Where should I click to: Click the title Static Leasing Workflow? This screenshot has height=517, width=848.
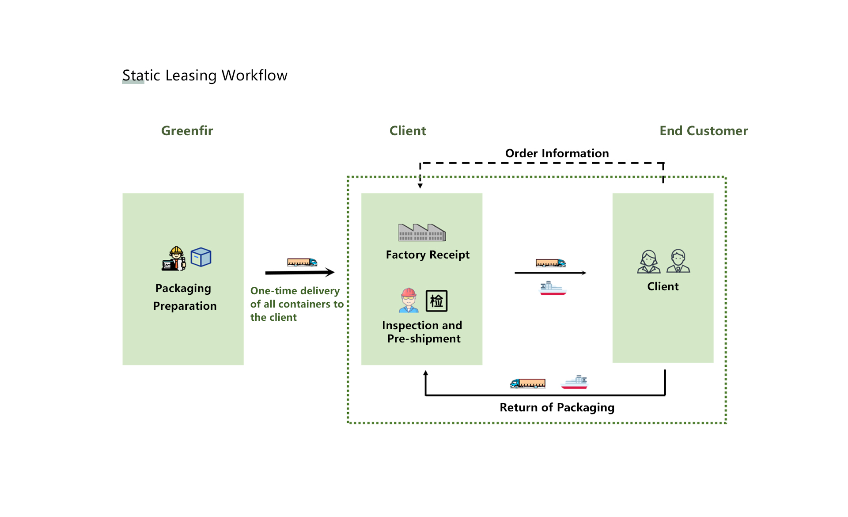coord(204,76)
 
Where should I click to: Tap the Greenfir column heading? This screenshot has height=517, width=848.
coord(187,131)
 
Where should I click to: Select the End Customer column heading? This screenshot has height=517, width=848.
coord(703,131)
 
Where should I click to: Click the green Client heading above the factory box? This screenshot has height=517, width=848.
coord(407,131)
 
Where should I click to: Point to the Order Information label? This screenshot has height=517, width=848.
coord(556,153)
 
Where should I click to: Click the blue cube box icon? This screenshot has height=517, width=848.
coord(201,257)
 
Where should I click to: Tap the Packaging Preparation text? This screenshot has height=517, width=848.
coord(184,297)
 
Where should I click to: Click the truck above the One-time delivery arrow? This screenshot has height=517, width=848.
coord(302,262)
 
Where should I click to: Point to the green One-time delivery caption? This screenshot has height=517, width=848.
coord(296,304)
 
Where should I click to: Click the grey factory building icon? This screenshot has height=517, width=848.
coord(422,232)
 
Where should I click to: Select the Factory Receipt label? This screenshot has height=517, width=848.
coord(427,255)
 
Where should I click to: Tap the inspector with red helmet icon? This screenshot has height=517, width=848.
coord(409,300)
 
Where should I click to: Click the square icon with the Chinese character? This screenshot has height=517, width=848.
coord(436,301)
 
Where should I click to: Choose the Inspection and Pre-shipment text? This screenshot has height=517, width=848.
coord(422,332)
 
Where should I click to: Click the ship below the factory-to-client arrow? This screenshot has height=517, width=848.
coord(553,289)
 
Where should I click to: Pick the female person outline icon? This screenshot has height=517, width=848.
coord(648,262)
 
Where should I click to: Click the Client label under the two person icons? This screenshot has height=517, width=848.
coord(662,287)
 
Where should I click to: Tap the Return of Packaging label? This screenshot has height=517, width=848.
coord(556,407)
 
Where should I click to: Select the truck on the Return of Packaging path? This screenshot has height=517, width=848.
coord(528,383)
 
